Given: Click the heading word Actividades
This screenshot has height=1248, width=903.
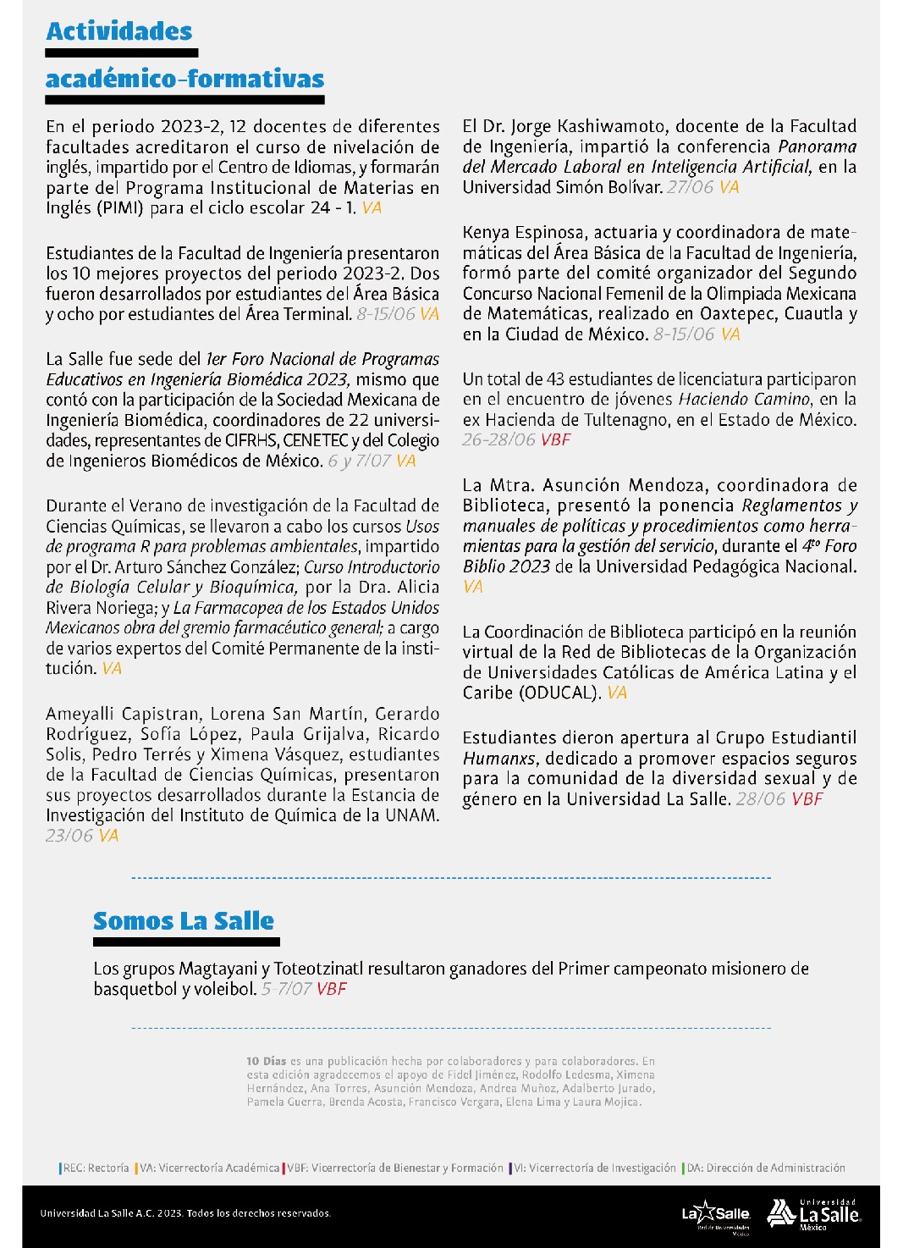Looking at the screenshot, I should click(119, 31).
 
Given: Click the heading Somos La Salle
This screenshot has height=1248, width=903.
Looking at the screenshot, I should click(184, 921).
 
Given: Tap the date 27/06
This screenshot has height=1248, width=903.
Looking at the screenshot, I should click(690, 188).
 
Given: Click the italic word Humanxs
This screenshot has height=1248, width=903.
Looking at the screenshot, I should click(499, 759).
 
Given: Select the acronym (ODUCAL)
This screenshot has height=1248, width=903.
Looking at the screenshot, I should click(561, 693).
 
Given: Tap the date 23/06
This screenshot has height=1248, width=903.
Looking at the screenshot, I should click(69, 837).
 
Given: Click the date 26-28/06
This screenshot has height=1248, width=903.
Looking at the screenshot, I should click(498, 440).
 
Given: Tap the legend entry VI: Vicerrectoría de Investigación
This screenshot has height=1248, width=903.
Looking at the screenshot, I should click(595, 1168).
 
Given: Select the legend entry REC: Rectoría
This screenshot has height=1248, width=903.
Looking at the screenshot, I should click(96, 1168).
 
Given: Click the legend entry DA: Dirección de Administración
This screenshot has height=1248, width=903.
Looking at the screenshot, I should click(765, 1168).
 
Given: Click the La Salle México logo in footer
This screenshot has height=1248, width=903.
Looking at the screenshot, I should click(814, 1215).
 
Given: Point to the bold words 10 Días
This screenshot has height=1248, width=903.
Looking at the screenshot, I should click(267, 1062).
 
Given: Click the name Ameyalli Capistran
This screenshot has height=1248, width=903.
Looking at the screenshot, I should click(124, 715).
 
